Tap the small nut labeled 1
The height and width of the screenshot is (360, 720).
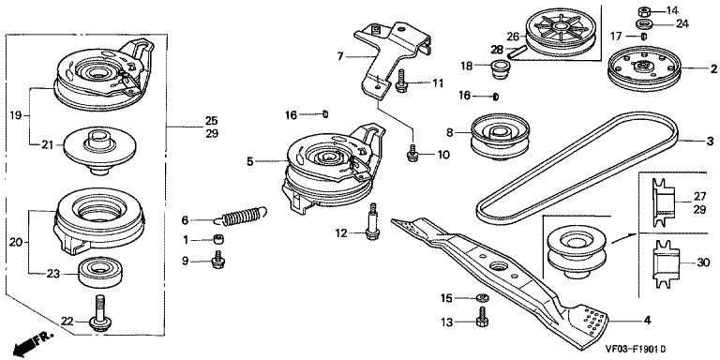tap(219, 239)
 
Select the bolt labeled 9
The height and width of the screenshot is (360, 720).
tap(217, 260)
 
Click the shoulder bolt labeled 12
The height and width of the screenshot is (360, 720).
tap(372, 222)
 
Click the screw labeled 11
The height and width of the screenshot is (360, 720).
tap(402, 81)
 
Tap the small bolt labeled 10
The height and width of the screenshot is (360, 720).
tap(412, 153)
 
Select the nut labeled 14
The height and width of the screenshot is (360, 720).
tap(644, 10)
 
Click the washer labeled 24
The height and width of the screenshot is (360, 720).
tap(644, 23)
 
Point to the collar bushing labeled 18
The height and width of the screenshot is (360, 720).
tap(498, 68)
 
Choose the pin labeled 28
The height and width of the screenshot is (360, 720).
tap(516, 52)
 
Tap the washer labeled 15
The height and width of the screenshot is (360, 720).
tap(482, 298)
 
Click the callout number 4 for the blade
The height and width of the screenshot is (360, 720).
tap(647, 321)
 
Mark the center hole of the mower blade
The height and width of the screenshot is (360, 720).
tap(498, 266)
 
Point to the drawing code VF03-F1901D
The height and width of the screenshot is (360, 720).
tap(635, 350)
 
